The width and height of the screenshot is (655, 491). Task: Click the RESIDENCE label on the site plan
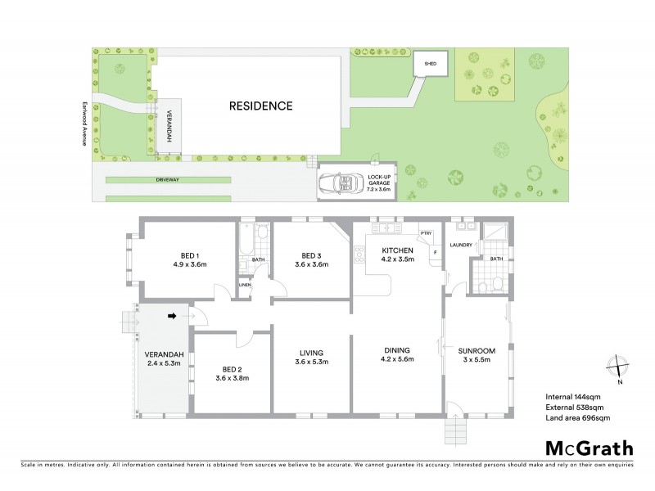(260, 106)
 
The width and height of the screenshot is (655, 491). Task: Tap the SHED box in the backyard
(430, 63)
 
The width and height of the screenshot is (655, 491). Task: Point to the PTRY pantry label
(426, 233)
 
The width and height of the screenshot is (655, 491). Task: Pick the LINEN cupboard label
(245, 286)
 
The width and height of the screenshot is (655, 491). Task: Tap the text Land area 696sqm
(578, 417)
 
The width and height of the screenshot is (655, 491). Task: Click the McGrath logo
(589, 448)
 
